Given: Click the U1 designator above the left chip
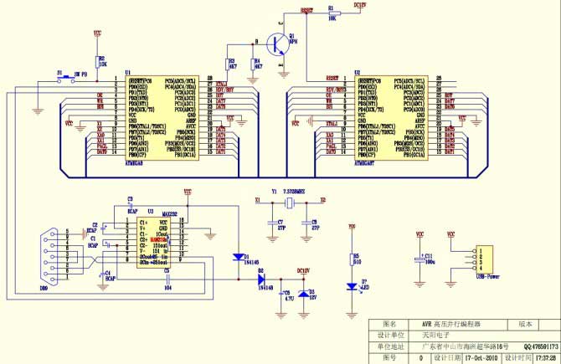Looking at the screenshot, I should [x=127, y=73].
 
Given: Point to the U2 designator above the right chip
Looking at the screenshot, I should [x=357, y=73].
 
